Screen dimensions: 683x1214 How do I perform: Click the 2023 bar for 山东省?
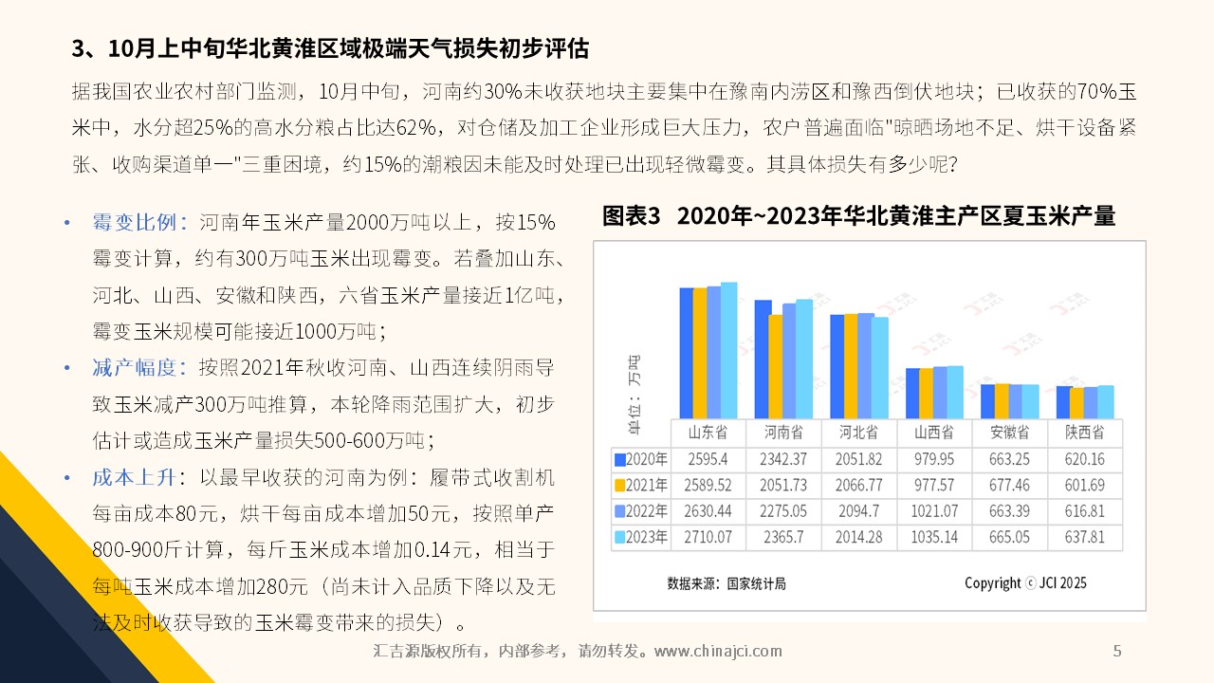pos(728,350)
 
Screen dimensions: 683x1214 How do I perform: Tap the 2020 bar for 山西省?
pos(912,393)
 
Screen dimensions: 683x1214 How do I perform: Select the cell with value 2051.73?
pos(783,485)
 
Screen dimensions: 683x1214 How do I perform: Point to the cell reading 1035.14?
pos(936,537)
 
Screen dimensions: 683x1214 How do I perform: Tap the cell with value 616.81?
pos(1084,511)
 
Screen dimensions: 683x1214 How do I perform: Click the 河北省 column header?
pos(859,433)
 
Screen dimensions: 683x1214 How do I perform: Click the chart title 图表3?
pos(631,216)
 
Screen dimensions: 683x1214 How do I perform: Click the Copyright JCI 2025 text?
pos(1025,583)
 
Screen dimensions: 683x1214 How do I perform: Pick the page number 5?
pos(1117,651)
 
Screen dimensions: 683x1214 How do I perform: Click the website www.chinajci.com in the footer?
pos(719,651)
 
